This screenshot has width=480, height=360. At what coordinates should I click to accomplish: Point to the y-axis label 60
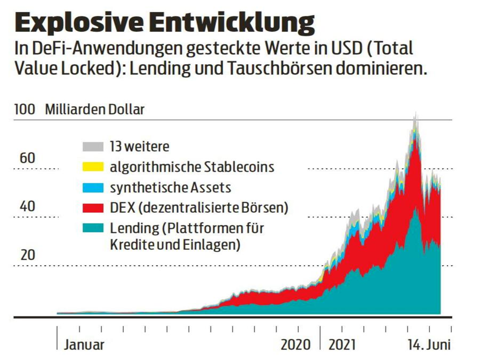27,158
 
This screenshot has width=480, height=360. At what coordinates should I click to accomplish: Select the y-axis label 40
27,206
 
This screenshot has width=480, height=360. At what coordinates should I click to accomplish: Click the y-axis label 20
27,255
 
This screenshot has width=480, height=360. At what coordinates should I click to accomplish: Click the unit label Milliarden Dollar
95,110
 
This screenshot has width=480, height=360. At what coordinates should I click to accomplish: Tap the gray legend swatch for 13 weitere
93,146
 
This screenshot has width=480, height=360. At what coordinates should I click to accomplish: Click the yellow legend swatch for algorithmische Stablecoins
93,167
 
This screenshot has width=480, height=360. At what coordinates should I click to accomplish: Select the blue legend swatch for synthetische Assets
93,187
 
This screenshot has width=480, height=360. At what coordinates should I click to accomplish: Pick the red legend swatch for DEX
93,208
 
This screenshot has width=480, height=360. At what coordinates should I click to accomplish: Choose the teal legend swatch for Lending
93,228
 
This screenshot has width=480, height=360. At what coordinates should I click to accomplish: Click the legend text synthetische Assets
171,187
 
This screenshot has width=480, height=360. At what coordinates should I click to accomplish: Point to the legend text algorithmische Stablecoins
192,167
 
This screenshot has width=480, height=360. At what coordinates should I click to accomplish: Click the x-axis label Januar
84,345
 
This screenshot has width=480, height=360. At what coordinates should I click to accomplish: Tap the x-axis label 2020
295,345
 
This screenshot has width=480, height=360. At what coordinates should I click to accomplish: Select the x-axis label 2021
343,345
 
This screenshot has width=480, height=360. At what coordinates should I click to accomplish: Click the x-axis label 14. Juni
428,345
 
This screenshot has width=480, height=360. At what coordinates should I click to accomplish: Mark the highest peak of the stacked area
415,113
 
